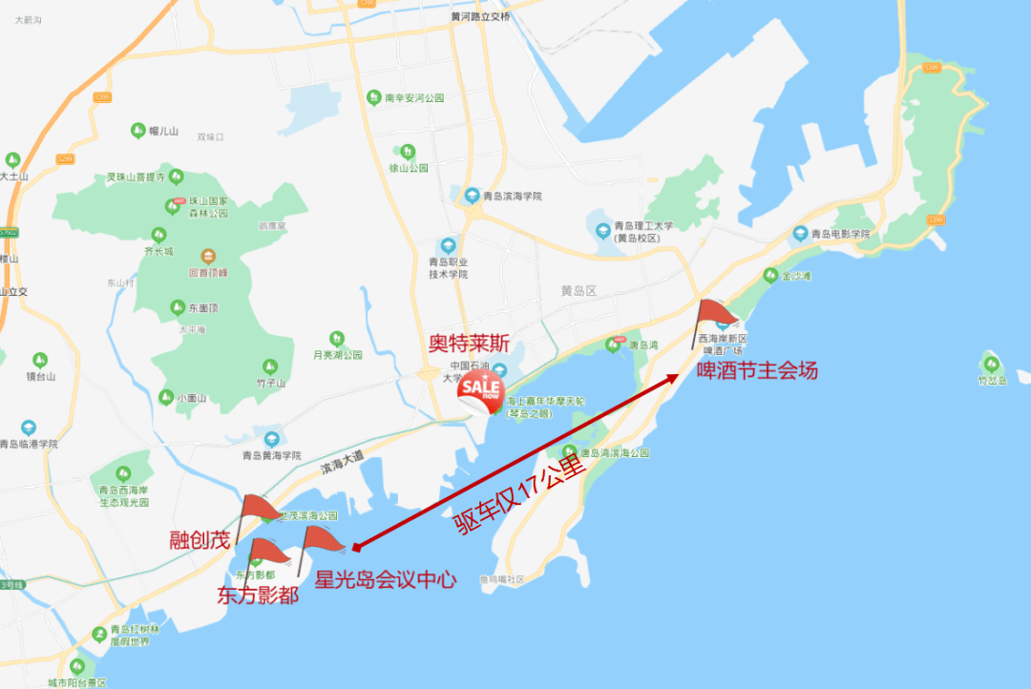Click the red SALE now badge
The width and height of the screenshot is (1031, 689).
point(480,390)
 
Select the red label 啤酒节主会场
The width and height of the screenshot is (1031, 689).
point(757,370)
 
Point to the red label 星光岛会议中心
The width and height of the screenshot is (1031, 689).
point(386,578)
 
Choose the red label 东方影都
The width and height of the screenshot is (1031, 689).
point(258,595)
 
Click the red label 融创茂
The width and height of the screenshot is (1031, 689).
point(200,539)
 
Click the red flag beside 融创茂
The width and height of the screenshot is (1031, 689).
point(258,509)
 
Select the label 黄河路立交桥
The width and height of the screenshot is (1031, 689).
point(481,17)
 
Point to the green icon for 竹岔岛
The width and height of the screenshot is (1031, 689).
point(991,364)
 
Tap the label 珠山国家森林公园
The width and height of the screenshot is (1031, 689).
point(207,207)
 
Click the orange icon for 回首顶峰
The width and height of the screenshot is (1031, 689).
point(208,256)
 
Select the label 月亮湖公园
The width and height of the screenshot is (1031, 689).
point(338,355)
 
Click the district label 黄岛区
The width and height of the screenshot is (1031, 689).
point(579,290)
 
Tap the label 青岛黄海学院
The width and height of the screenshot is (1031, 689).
point(271,455)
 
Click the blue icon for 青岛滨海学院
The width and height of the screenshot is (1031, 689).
point(471,196)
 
